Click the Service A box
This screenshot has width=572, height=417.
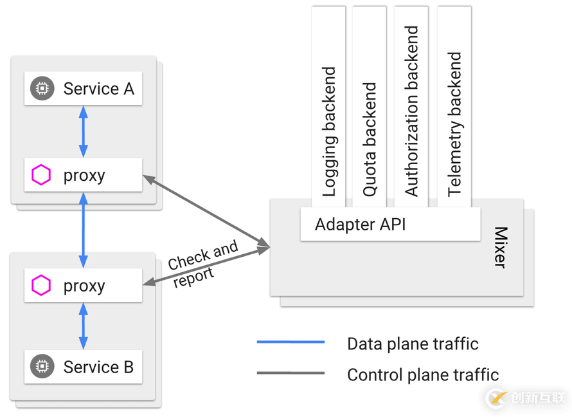(x=83, y=88)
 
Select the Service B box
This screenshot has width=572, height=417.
(x=83, y=367)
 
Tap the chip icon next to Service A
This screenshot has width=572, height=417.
(x=42, y=88)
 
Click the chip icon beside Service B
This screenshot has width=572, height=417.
(x=42, y=367)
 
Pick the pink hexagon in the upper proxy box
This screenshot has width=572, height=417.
(x=42, y=175)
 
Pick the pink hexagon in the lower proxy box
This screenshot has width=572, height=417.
(x=42, y=286)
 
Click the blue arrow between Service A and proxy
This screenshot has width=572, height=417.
(x=83, y=131)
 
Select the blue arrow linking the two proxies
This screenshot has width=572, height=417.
(x=83, y=230)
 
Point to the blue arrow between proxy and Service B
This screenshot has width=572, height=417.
(x=83, y=326)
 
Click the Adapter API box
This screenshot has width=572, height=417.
(x=389, y=225)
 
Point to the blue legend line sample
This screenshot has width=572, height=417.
(x=290, y=342)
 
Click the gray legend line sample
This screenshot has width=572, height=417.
(x=290, y=373)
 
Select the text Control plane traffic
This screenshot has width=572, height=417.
(x=422, y=374)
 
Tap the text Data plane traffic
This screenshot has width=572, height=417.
(x=412, y=344)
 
